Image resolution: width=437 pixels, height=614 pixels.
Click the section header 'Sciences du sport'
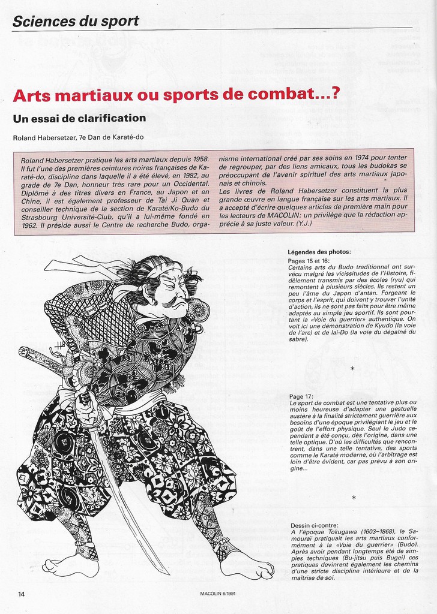[76, 22]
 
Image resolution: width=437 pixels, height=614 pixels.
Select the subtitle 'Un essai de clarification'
[79, 118]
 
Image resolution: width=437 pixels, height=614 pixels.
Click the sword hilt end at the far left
[23, 351]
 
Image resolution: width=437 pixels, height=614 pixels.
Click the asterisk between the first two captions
[353, 368]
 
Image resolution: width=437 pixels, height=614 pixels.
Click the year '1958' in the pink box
[199, 161]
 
